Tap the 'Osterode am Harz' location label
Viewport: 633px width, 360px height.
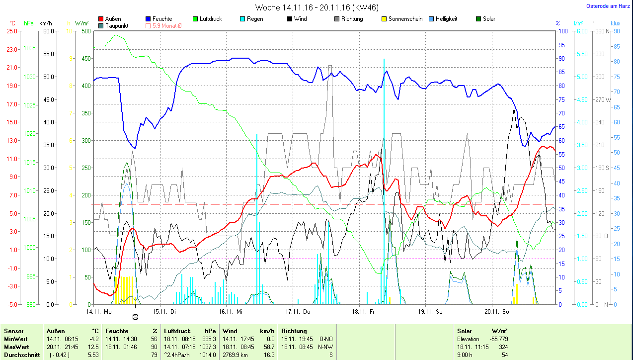[x=608, y=6]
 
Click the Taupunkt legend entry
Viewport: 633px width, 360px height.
[x=112, y=25]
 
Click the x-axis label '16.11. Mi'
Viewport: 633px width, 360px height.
[x=231, y=312]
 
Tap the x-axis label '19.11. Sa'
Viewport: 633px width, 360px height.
[x=430, y=312]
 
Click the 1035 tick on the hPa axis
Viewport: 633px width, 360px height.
[x=29, y=48]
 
